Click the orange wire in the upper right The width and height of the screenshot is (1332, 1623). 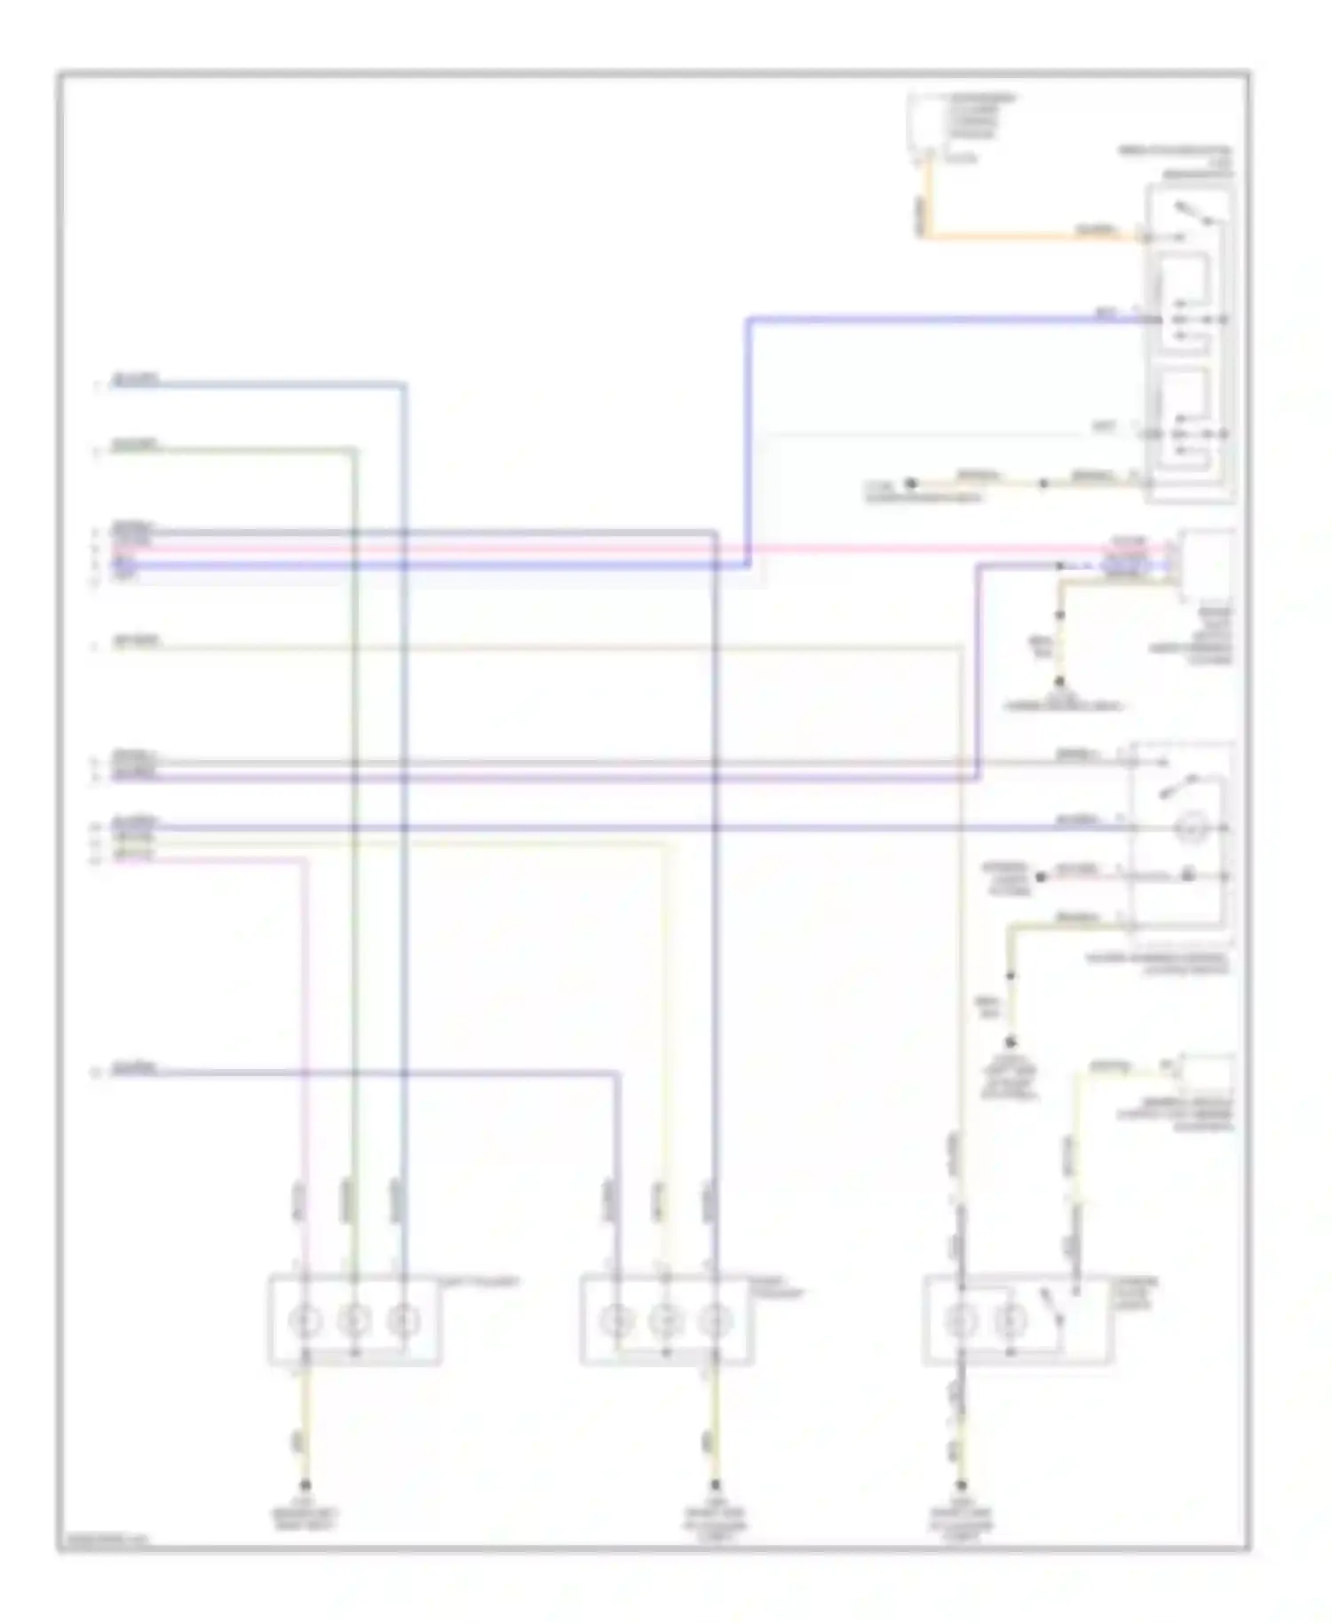click(x=1021, y=236)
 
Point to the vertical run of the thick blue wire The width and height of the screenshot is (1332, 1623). click(x=749, y=444)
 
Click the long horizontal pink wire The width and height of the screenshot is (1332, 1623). click(x=622, y=549)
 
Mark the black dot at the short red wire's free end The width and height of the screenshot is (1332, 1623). click(x=1042, y=876)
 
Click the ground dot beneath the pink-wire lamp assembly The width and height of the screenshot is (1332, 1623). click(x=305, y=1485)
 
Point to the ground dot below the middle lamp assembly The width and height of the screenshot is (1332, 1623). click(x=713, y=1485)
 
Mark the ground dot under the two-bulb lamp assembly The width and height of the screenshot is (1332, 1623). click(x=961, y=1485)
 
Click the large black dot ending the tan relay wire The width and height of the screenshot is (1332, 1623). click(x=910, y=484)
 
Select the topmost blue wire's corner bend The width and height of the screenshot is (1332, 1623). click(x=404, y=385)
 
